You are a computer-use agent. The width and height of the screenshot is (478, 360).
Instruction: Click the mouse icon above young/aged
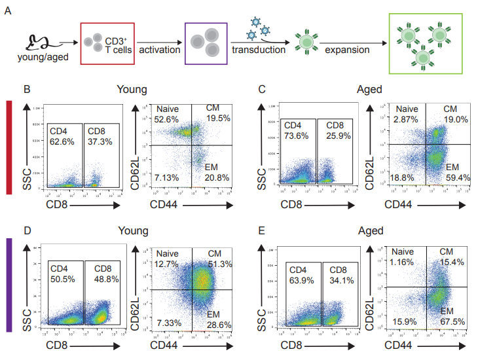(x=38, y=43)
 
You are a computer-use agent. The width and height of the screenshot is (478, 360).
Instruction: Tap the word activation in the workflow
(x=159, y=50)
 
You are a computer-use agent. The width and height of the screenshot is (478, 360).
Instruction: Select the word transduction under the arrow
(x=259, y=50)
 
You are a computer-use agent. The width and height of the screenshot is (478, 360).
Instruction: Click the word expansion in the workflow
(x=347, y=50)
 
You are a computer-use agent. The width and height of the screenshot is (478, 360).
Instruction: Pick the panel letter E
(x=262, y=231)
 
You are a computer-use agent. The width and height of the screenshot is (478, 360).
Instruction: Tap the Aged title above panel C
(x=370, y=90)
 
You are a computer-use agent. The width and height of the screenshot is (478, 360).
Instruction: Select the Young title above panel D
(x=132, y=231)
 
